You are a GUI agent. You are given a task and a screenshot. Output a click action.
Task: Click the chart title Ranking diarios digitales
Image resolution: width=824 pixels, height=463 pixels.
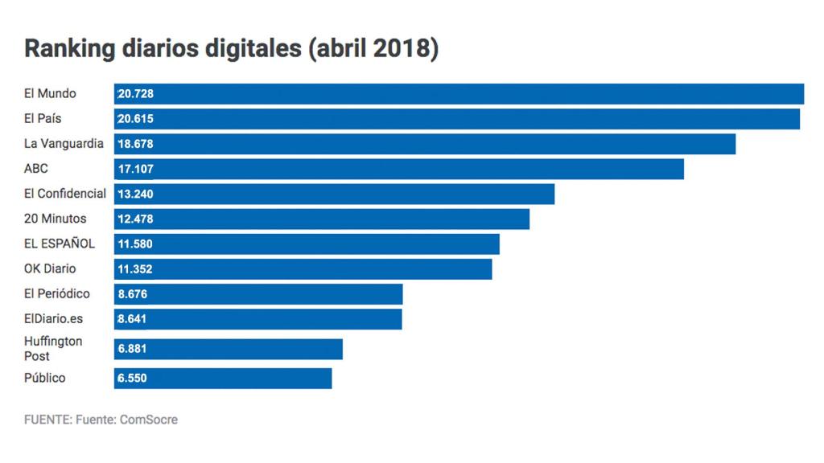(x=231, y=49)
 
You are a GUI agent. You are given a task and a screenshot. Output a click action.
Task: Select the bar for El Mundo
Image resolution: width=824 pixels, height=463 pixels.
(x=459, y=94)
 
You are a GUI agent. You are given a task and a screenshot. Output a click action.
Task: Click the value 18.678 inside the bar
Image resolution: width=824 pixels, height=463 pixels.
(x=135, y=144)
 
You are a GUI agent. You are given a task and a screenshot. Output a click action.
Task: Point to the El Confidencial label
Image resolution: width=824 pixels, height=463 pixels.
(x=65, y=194)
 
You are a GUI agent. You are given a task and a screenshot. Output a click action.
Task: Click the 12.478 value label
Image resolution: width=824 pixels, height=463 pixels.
(x=135, y=219)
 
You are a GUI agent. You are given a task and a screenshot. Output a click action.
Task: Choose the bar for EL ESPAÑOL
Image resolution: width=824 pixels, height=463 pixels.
(x=307, y=244)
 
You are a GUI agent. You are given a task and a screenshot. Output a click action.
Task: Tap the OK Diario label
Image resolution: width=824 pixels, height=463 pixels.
(x=50, y=268)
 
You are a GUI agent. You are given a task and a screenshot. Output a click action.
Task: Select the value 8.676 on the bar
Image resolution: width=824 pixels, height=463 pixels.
(x=132, y=294)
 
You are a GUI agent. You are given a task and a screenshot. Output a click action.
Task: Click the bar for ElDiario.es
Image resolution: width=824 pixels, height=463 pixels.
(x=257, y=319)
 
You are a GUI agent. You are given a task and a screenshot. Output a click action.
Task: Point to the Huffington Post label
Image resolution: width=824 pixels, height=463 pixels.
(x=53, y=349)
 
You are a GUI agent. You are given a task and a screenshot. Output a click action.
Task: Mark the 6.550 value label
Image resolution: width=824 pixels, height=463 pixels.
(x=132, y=379)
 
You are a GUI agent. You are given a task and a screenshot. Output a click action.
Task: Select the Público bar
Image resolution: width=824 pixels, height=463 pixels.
(x=223, y=379)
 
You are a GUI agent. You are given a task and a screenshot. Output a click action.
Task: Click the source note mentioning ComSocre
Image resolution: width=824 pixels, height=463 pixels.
(x=101, y=420)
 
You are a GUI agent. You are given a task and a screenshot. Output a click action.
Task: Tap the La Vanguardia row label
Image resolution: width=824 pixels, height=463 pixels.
(x=64, y=144)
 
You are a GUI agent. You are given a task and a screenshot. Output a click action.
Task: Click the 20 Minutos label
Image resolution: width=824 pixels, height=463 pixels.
(x=55, y=219)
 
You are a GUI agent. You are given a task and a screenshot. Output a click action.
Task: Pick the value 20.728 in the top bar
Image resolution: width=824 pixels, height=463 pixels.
(x=135, y=94)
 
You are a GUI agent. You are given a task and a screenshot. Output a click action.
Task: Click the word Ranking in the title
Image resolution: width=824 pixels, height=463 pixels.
(x=59, y=49)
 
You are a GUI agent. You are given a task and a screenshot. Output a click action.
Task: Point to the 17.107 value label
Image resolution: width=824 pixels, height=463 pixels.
(x=135, y=169)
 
